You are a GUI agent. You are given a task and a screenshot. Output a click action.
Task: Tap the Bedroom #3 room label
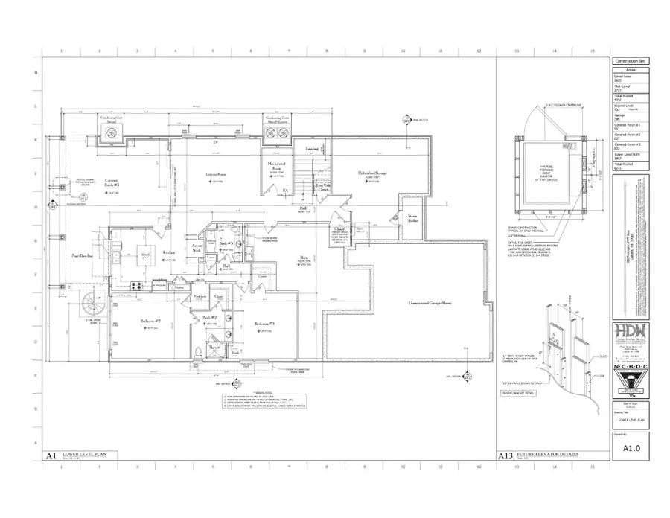pyautogui.click(x=265, y=324)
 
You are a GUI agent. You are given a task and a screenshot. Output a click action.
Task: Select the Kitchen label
pyautogui.click(x=169, y=252)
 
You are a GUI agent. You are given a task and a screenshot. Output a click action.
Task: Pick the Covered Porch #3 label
pyautogui.click(x=113, y=182)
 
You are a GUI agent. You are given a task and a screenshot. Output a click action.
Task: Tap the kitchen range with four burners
pyautogui.click(x=137, y=284)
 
